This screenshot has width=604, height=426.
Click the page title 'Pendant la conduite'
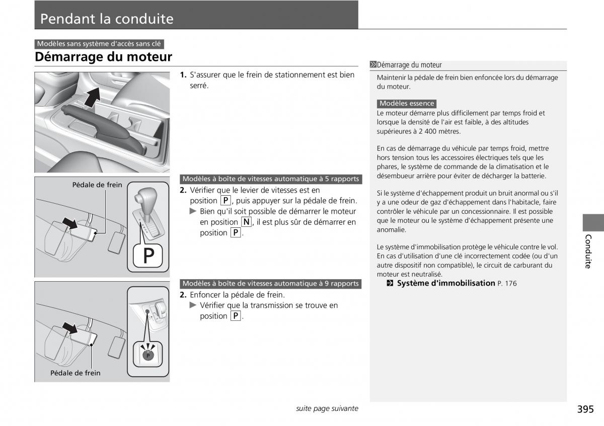pyautogui.click(x=107, y=19)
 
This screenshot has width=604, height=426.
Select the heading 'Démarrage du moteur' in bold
pyautogui.click(x=103, y=57)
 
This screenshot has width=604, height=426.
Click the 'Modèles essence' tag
pyautogui.click(x=407, y=104)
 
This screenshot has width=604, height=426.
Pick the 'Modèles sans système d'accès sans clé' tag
pyautogui.click(x=99, y=44)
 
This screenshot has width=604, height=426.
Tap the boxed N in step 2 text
pyautogui.click(x=246, y=222)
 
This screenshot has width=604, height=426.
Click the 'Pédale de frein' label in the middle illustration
pyautogui.click(x=97, y=185)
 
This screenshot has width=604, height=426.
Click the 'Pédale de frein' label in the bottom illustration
pyautogui.click(x=75, y=373)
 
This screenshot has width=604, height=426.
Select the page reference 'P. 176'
pyautogui.click(x=507, y=284)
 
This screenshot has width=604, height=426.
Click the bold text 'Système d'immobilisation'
pyautogui.click(x=446, y=283)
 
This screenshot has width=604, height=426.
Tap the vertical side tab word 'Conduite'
pyautogui.click(x=588, y=251)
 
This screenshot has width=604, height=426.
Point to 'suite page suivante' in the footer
pyautogui.click(x=327, y=408)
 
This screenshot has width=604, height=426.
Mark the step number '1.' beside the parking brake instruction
pyautogui.click(x=184, y=75)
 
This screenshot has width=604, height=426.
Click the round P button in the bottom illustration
pyautogui.click(x=148, y=355)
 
